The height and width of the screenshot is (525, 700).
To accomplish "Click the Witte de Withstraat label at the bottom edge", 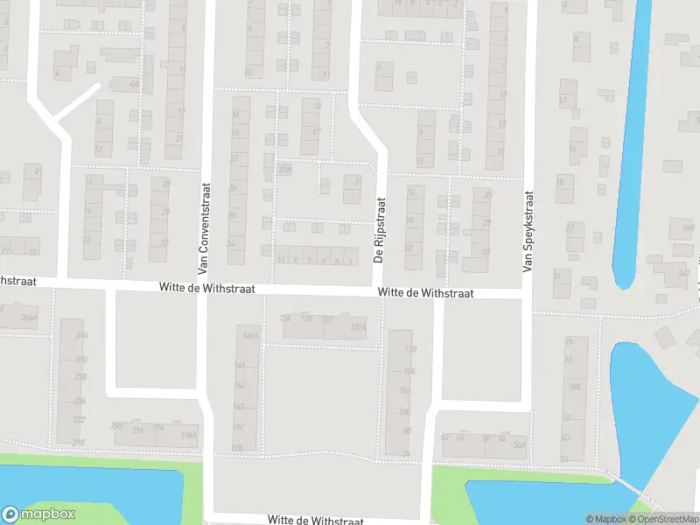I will click(x=315, y=520).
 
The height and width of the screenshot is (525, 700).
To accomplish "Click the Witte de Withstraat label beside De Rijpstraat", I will click(x=425, y=293).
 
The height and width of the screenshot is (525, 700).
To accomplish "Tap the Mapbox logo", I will click(x=38, y=514).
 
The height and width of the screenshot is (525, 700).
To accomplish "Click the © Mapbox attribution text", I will click(x=605, y=519).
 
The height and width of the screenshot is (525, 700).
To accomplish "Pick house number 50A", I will click(x=519, y=444).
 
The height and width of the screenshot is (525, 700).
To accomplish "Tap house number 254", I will click(x=81, y=335).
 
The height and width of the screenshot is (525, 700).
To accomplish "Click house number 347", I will click(x=683, y=274).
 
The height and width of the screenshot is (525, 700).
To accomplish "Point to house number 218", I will click(x=79, y=443).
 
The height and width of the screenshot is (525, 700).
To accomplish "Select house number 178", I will click(x=236, y=449).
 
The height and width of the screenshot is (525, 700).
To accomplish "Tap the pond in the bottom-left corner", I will click(x=87, y=490).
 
